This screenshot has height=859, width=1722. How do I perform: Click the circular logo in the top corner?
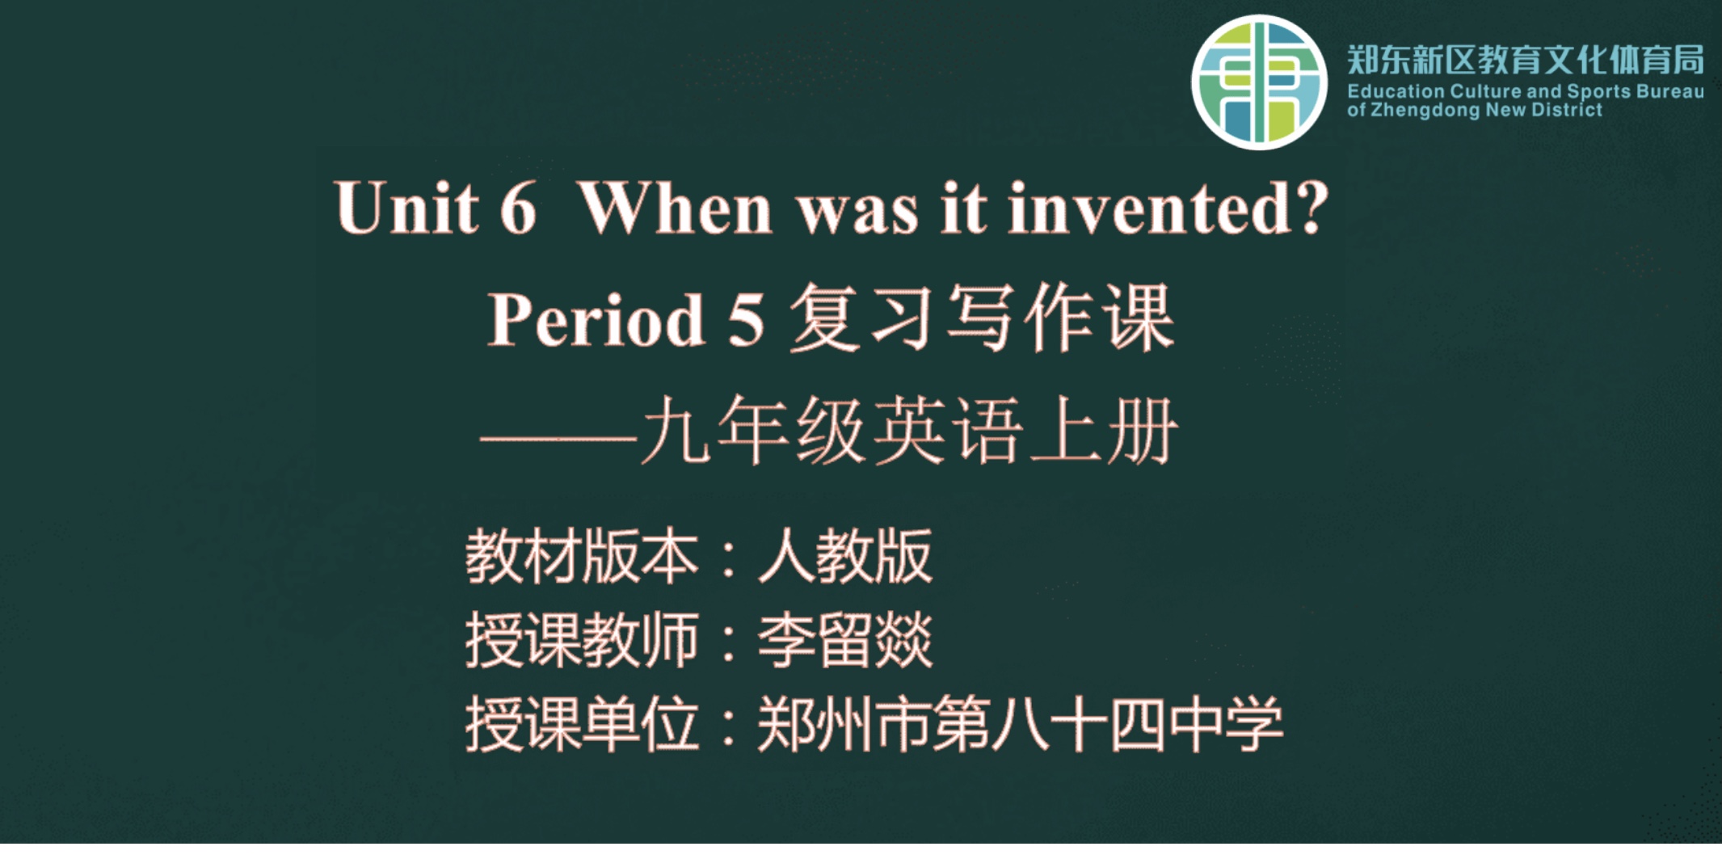click(1259, 82)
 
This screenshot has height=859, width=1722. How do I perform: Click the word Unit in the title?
click(406, 208)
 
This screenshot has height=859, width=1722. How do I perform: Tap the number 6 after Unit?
click(518, 208)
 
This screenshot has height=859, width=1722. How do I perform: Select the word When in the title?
click(676, 208)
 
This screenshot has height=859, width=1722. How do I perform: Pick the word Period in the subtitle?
click(596, 319)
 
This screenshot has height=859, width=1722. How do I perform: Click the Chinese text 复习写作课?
click(982, 318)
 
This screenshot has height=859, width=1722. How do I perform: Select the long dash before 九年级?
click(559, 440)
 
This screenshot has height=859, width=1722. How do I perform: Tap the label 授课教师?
click(582, 640)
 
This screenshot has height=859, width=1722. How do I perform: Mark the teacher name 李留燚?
click(845, 640)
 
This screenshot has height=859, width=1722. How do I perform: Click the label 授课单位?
click(582, 724)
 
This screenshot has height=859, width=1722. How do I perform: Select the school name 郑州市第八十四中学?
click(1020, 724)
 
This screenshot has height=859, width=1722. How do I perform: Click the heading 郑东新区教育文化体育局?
click(1526, 60)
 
